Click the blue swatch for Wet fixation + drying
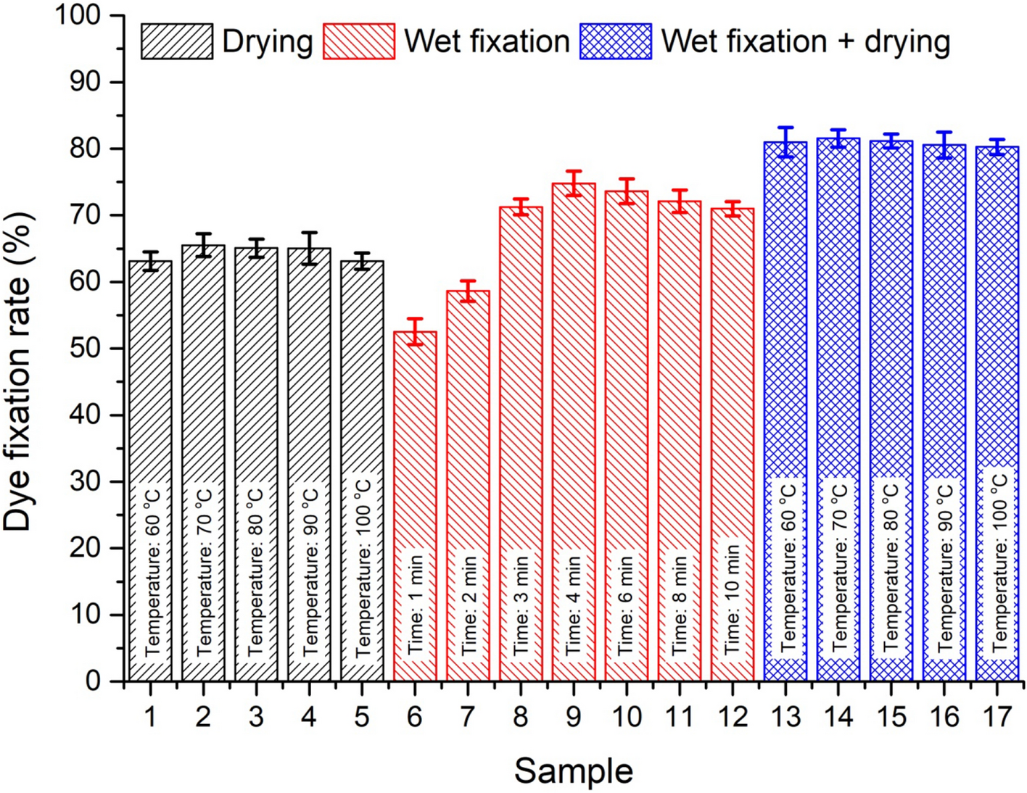(616, 41)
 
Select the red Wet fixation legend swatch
(359, 41)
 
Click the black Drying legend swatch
(177, 41)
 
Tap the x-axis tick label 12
(733, 717)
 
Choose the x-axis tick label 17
(997, 717)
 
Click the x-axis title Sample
(573, 771)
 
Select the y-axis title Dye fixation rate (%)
(19, 371)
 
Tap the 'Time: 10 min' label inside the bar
(733, 599)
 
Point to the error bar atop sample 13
(785, 142)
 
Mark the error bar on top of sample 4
(309, 249)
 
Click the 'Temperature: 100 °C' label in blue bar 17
(998, 562)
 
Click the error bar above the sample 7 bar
(468, 291)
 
